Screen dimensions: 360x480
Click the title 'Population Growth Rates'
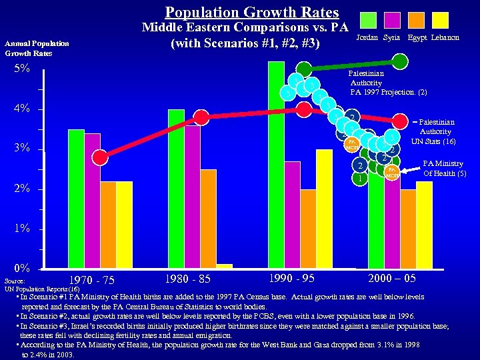pos(252,12)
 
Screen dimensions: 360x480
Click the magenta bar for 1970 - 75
pos(92,201)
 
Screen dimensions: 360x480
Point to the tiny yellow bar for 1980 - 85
pos(225,266)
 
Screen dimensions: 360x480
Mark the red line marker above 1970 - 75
pos(100,157)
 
